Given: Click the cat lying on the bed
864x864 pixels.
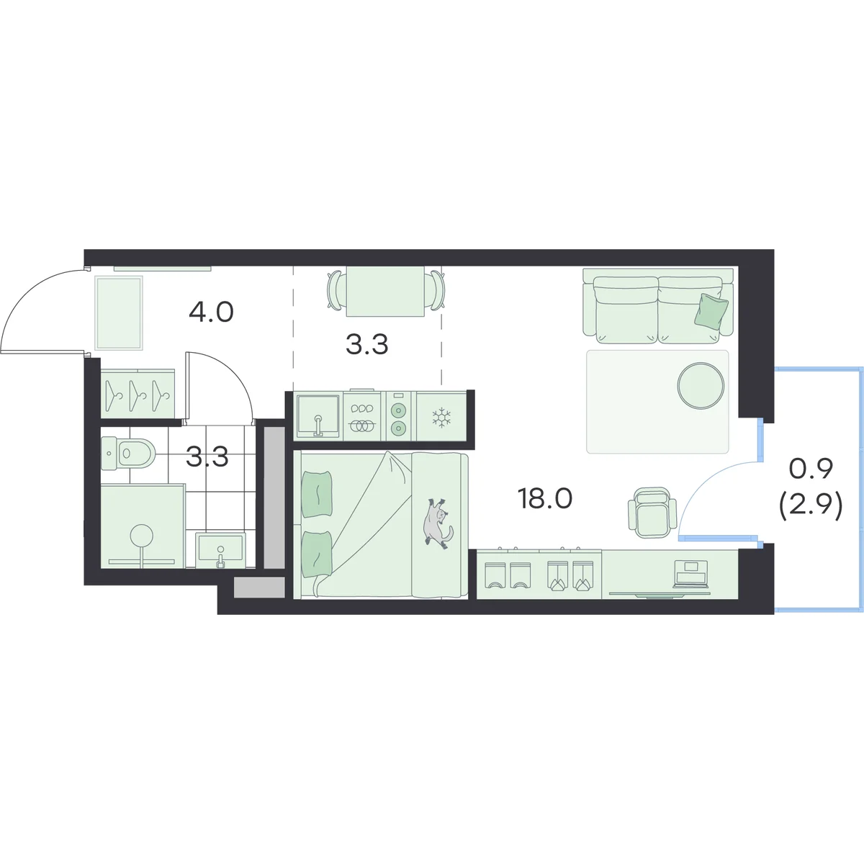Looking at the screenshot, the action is click(x=437, y=521).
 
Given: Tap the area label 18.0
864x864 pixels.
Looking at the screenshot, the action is click(x=545, y=498).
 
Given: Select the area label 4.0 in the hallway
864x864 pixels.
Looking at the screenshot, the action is click(x=211, y=312).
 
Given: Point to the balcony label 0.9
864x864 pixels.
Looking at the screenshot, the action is click(x=811, y=469).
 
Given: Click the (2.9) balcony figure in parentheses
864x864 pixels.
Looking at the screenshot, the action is click(x=811, y=508).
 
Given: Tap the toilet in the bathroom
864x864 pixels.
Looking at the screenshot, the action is click(x=127, y=454).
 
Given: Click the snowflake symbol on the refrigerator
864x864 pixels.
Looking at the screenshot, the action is click(x=441, y=418).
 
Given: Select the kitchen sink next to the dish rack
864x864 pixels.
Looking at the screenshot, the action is click(x=318, y=415).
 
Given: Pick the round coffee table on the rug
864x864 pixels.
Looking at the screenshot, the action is click(x=701, y=386).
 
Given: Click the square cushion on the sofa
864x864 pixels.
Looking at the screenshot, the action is click(x=711, y=310).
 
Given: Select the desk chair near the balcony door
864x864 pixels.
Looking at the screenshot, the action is click(x=652, y=512).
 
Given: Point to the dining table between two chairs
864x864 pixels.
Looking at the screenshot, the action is click(x=385, y=292).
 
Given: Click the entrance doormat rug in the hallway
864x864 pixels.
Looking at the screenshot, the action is click(x=119, y=312).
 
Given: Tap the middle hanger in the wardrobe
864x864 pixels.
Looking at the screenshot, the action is click(x=136, y=396).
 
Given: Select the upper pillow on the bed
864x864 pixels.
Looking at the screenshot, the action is click(x=317, y=494).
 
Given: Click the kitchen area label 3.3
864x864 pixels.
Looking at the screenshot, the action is click(x=366, y=345).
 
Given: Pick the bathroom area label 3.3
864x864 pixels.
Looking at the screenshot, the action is click(x=207, y=457).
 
